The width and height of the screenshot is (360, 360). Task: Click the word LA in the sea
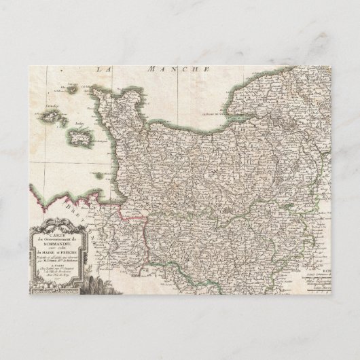pyautogui.click(x=104, y=69)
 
